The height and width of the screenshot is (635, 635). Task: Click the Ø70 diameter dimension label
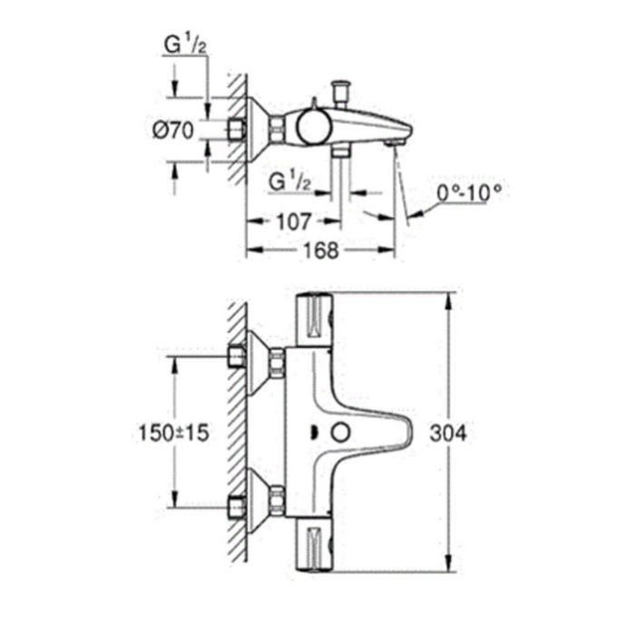coord(173,131)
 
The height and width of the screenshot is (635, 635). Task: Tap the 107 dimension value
coord(294,222)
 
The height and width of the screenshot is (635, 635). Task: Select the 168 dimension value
coord(320,250)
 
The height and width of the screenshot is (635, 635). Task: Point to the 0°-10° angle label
coord(469,192)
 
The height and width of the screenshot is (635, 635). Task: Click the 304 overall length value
coord(448,434)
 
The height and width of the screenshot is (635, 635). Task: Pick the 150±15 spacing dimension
coord(174,433)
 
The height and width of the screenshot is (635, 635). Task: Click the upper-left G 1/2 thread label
coord(185,44)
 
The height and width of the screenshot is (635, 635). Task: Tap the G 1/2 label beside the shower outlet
coord(290,181)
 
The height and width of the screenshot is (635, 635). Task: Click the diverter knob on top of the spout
coord(340,93)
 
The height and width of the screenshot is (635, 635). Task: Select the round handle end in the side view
coord(314,127)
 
